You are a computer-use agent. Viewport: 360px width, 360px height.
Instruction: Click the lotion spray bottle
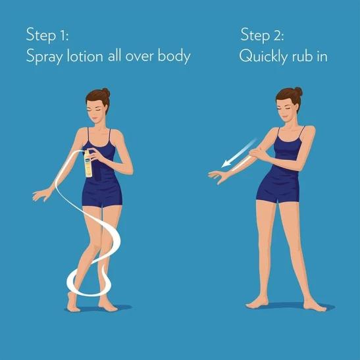click(88, 164)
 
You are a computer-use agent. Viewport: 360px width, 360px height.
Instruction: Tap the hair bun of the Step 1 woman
click(106, 92)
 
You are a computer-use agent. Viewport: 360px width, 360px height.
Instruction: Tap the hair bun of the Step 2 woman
click(298, 91)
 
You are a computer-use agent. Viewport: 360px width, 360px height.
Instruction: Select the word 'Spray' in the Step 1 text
click(44, 57)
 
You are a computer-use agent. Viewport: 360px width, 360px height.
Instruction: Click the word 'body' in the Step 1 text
click(174, 56)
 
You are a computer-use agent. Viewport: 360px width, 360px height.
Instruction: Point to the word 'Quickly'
click(263, 57)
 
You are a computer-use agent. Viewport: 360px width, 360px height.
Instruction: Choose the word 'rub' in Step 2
click(303, 56)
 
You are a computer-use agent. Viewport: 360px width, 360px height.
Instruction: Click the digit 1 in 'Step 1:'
click(63, 36)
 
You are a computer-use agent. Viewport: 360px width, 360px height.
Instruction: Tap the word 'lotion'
click(85, 56)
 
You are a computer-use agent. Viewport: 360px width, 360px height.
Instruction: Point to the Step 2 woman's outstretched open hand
click(218, 176)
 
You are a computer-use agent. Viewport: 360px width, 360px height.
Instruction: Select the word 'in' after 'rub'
click(322, 56)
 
